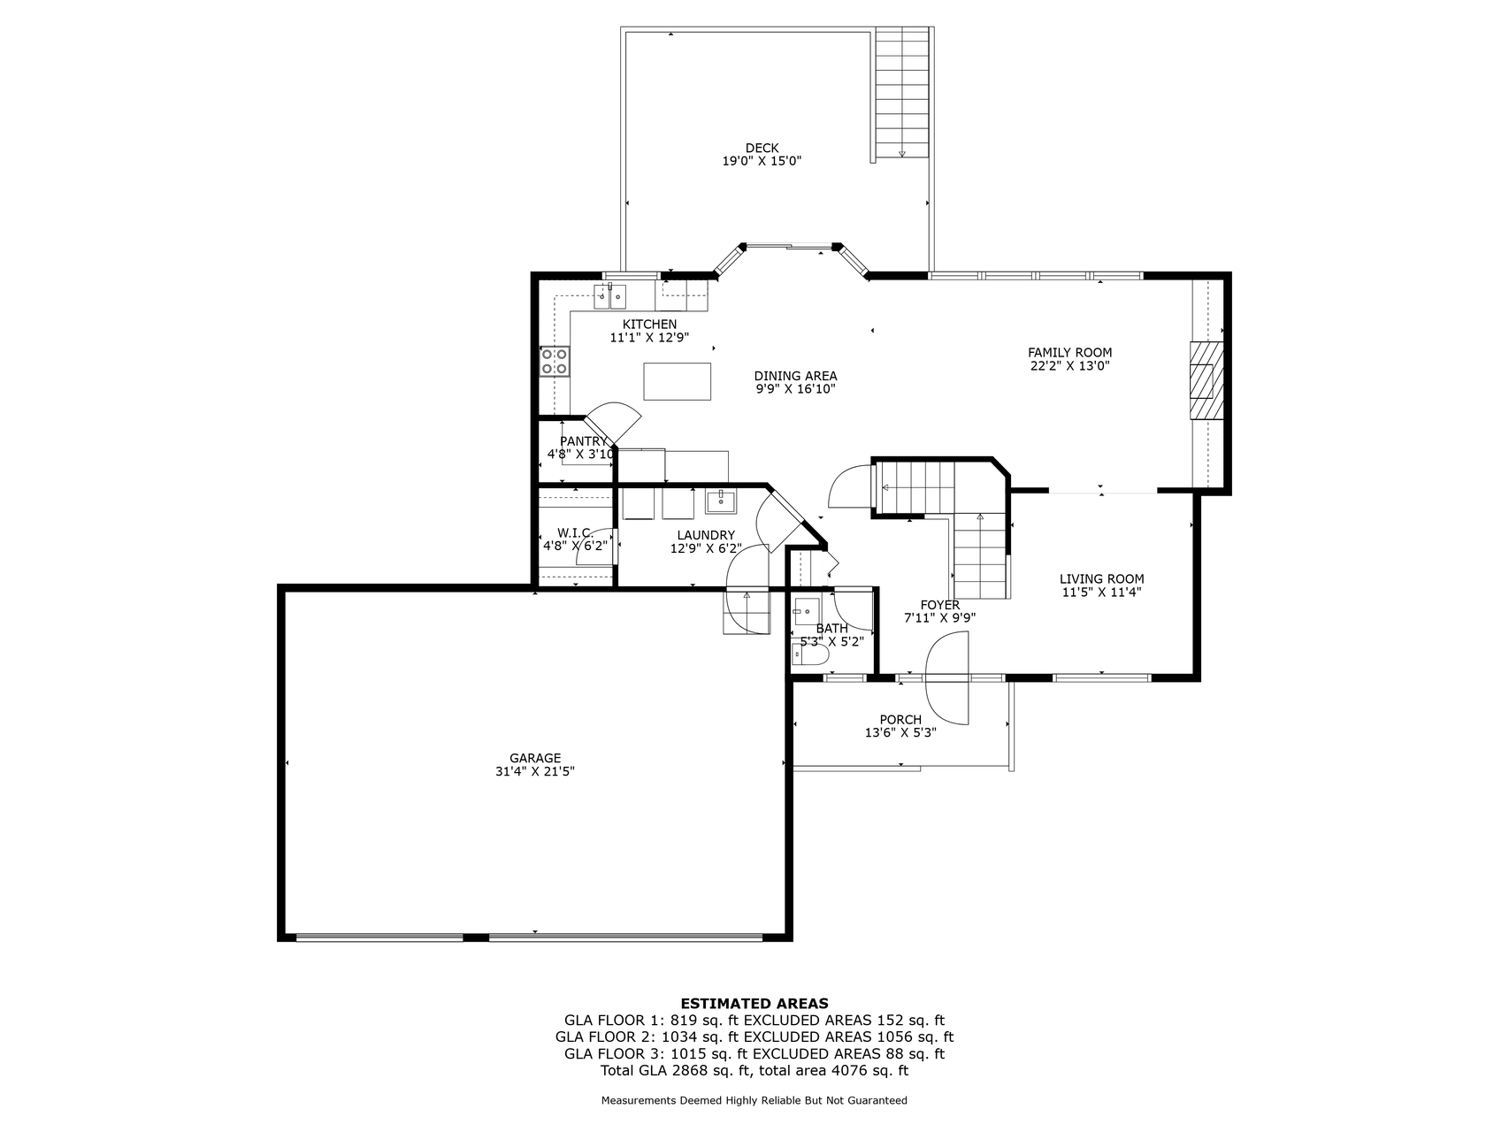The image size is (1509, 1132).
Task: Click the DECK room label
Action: tap(762, 148)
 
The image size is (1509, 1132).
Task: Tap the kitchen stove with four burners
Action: tap(555, 361)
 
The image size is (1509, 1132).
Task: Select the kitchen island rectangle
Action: tap(678, 381)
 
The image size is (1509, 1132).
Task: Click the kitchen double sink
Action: tap(609, 294)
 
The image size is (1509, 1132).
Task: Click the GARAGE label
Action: tap(535, 758)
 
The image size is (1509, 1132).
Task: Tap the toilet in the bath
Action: tap(810, 655)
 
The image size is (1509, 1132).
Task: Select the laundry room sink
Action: tap(722, 501)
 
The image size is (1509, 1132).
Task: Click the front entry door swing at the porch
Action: tap(947, 678)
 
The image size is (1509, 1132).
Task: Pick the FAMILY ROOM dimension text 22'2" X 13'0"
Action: tap(1070, 365)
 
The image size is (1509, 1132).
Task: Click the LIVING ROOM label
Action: tap(1102, 579)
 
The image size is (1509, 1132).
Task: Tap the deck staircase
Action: tap(901, 93)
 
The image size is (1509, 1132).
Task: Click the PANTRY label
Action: tap(584, 441)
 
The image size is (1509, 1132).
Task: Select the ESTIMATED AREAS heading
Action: tap(754, 1003)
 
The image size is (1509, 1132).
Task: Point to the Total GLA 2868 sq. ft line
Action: tap(754, 1070)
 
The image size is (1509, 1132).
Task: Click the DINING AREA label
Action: tap(796, 376)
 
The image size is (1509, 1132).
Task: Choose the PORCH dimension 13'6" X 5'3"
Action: tap(900, 732)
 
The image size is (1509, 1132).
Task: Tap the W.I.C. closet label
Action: tap(575, 532)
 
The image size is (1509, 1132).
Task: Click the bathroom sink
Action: tap(806, 608)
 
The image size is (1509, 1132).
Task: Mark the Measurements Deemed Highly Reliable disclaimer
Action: tap(754, 1101)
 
